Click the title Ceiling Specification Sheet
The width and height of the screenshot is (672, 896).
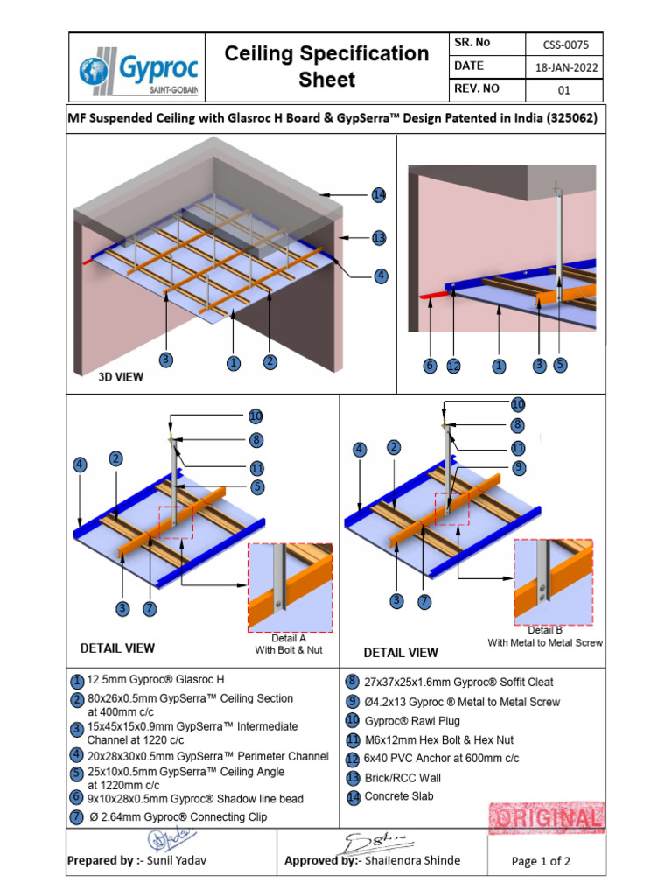[326, 66]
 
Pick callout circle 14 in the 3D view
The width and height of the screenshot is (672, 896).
[378, 194]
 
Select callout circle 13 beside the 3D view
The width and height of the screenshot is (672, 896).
[378, 238]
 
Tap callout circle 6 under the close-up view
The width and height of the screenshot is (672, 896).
[430, 367]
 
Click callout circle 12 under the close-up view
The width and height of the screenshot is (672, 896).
[452, 367]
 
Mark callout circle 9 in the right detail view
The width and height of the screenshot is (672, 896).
[518, 468]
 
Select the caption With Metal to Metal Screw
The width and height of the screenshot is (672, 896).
[545, 642]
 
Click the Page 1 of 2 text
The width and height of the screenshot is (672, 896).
[541, 861]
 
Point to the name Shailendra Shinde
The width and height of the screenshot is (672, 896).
[411, 860]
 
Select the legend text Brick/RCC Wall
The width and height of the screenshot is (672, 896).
[402, 777]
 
